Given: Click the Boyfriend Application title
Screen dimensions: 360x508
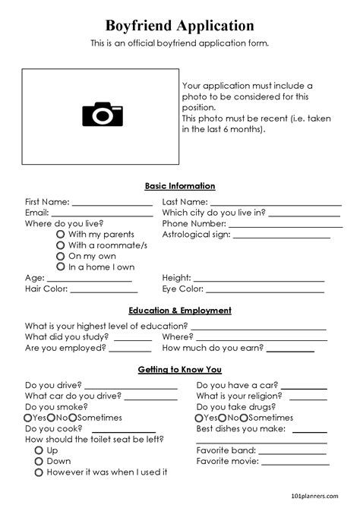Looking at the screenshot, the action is coord(180,27).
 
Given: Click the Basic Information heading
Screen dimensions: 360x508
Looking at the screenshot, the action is coord(180,186).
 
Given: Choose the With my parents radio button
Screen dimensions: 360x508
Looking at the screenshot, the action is coord(60,235).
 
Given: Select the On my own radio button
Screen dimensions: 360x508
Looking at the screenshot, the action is coord(60,256).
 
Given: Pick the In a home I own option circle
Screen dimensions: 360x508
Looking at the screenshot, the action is coord(60,267).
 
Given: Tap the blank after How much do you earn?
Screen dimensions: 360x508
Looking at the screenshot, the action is coord(289,350).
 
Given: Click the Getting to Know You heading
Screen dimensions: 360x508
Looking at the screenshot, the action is coord(180,370).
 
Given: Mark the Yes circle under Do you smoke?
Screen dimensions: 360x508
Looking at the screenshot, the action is coord(28,418).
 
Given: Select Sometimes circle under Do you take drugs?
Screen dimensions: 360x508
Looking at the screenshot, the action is coord(244,418).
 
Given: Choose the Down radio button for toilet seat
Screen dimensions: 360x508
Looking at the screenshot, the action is coord(39,461).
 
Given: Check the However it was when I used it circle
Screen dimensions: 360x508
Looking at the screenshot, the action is coord(39,472).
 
